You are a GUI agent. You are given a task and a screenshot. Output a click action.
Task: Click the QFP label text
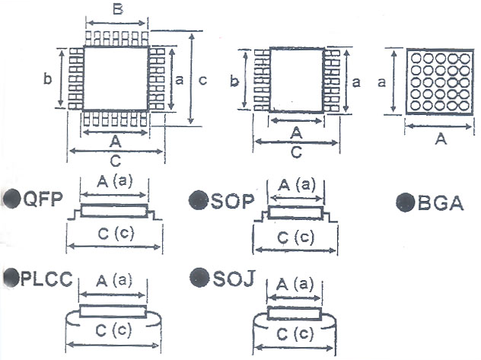[43, 199]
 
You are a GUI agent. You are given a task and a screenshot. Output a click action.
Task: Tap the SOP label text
[233, 201]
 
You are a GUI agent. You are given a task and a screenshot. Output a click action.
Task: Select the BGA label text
[441, 202]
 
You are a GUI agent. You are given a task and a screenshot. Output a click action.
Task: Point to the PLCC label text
[46, 279]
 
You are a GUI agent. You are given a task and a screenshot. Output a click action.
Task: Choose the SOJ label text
[234, 279]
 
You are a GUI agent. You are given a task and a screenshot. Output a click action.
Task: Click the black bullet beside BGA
[406, 202]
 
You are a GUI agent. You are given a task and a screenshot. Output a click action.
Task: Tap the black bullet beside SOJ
[199, 278]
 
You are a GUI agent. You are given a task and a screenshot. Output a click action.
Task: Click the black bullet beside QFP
[11, 199]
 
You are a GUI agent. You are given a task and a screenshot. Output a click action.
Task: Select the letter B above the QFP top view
[118, 9]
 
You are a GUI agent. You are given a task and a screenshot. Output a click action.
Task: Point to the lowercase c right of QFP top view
[202, 80]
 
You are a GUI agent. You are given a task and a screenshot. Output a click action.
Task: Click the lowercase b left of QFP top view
[47, 79]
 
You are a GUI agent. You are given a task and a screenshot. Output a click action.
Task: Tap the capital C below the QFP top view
[115, 161]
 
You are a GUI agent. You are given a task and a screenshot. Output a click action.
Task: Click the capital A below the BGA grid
[441, 139]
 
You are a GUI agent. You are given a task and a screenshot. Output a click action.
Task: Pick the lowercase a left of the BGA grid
[381, 82]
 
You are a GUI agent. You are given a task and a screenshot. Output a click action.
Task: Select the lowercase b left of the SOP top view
[234, 81]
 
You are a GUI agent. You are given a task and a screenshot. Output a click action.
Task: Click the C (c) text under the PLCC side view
[114, 330]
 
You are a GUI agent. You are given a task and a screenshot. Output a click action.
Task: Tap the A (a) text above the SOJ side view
[295, 285]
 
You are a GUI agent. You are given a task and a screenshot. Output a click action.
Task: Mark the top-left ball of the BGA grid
[416, 58]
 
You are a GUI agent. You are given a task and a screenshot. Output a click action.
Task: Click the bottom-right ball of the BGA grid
[464, 106]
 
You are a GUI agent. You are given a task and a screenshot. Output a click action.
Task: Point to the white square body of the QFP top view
[116, 78]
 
